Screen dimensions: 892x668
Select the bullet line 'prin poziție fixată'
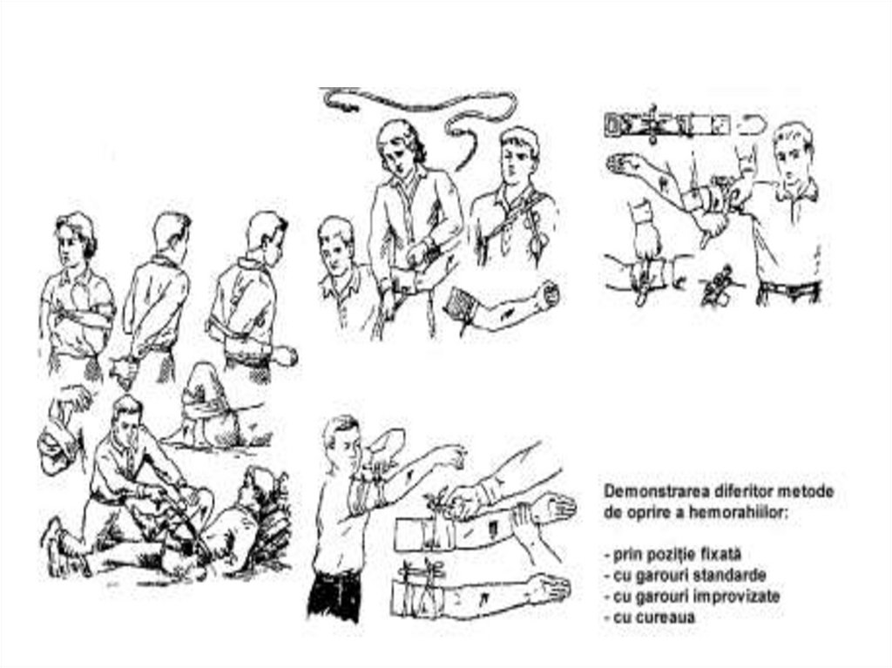pos(673,554)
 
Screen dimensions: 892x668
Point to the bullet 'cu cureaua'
pos(650,617)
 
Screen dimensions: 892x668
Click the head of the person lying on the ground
pos(256,490)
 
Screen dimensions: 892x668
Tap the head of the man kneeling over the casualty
pos(128,420)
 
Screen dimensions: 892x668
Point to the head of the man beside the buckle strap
pos(793,151)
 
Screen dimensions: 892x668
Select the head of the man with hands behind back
pos(172,233)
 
